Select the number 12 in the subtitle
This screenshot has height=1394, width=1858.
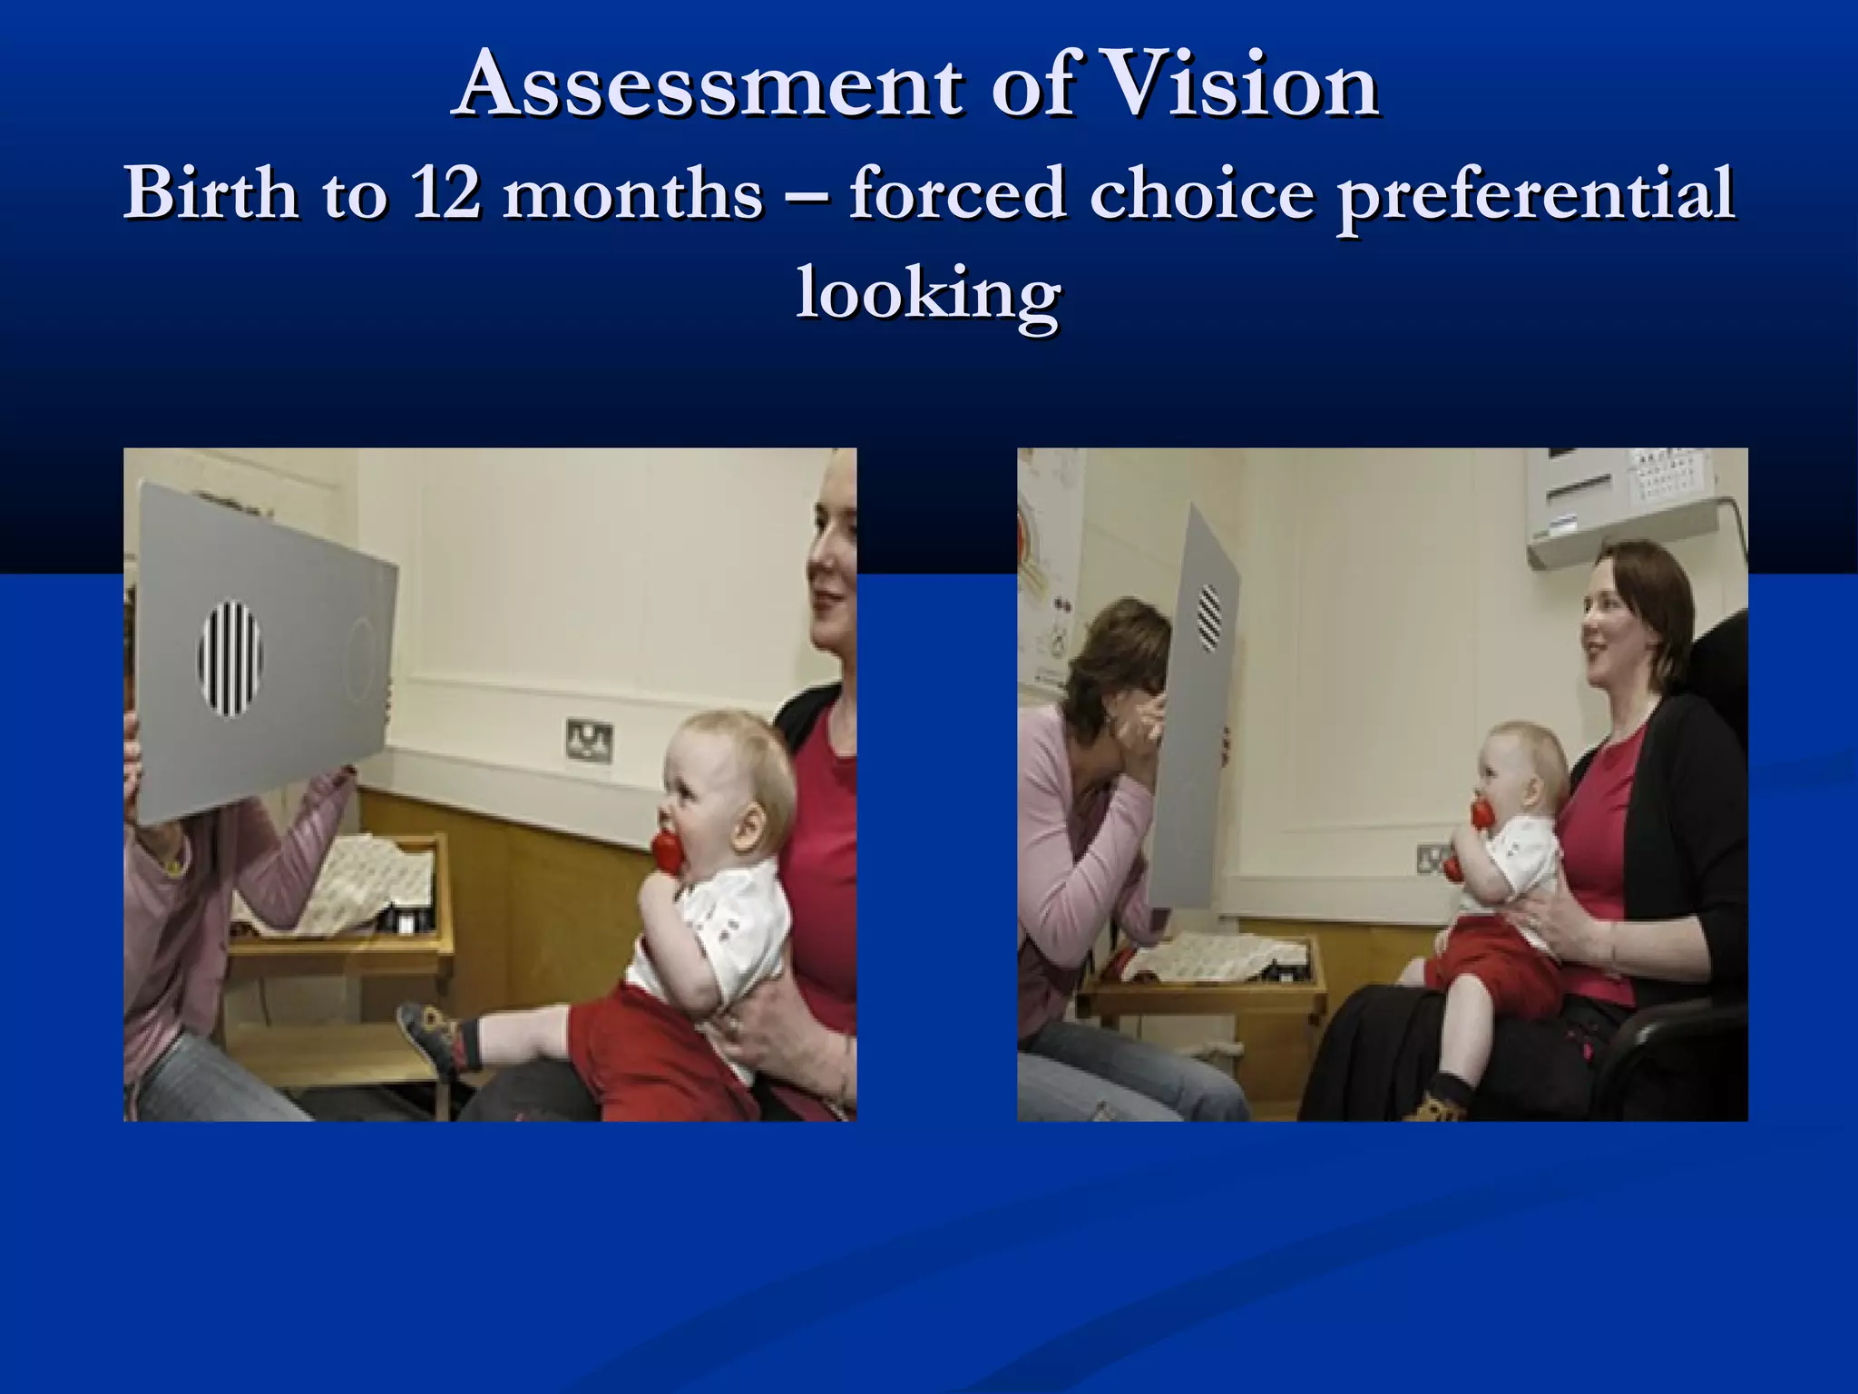click(x=444, y=193)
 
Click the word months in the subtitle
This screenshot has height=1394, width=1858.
click(x=632, y=193)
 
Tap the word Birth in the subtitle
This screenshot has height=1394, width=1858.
click(x=210, y=193)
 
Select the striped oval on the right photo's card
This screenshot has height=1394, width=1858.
click(x=1209, y=617)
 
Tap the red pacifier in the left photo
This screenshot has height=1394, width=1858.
click(x=666, y=851)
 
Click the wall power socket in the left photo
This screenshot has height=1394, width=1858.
click(x=589, y=740)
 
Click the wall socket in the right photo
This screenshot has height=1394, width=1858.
click(x=1431, y=857)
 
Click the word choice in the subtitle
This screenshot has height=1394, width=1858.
click(x=1202, y=193)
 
